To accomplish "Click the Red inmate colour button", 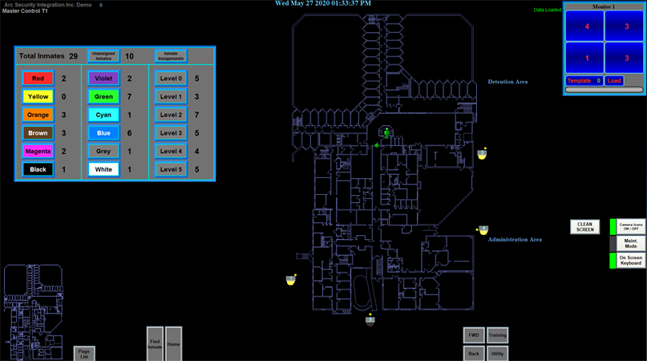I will pyautogui.click(x=38, y=79).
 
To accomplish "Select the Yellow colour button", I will pyautogui.click(x=38, y=97).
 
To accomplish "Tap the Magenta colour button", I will pyautogui.click(x=38, y=151).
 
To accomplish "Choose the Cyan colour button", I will pyautogui.click(x=103, y=115).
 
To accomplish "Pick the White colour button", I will pyautogui.click(x=103, y=169).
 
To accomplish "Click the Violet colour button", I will pyautogui.click(x=103, y=79).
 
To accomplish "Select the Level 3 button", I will pyautogui.click(x=171, y=133).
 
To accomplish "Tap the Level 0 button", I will pyautogui.click(x=171, y=79).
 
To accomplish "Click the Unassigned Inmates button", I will pyautogui.click(x=103, y=56).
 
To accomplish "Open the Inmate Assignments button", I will pyautogui.click(x=171, y=56).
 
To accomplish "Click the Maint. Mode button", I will pyautogui.click(x=630, y=243).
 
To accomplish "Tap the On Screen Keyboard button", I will pyautogui.click(x=630, y=261).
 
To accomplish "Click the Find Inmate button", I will pyautogui.click(x=155, y=343).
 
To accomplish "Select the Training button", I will pyautogui.click(x=497, y=335).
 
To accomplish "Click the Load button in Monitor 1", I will pyautogui.click(x=614, y=81).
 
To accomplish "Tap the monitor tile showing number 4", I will pyautogui.click(x=587, y=27).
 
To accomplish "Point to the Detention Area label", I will pyautogui.click(x=507, y=82).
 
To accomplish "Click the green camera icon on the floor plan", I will pyautogui.click(x=386, y=132).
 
